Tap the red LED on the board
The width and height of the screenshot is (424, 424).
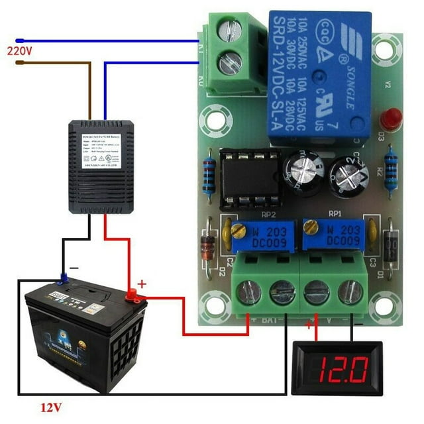coord(392,119)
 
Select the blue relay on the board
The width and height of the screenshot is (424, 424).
coord(318,76)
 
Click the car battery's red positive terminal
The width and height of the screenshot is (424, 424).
coord(132,294)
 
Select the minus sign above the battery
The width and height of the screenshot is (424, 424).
coord(74,266)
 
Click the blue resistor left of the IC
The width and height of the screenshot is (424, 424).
coord(210,178)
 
